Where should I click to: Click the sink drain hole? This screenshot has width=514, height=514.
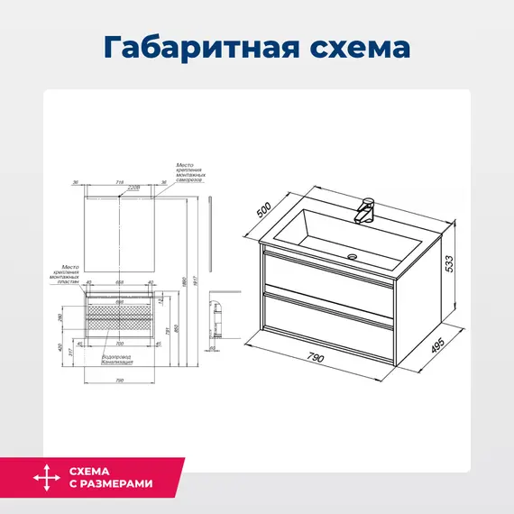coord(353,257)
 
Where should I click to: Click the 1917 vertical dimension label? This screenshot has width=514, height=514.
coord(196,280)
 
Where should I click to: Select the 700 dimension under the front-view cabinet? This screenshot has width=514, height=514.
coord(118,344)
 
